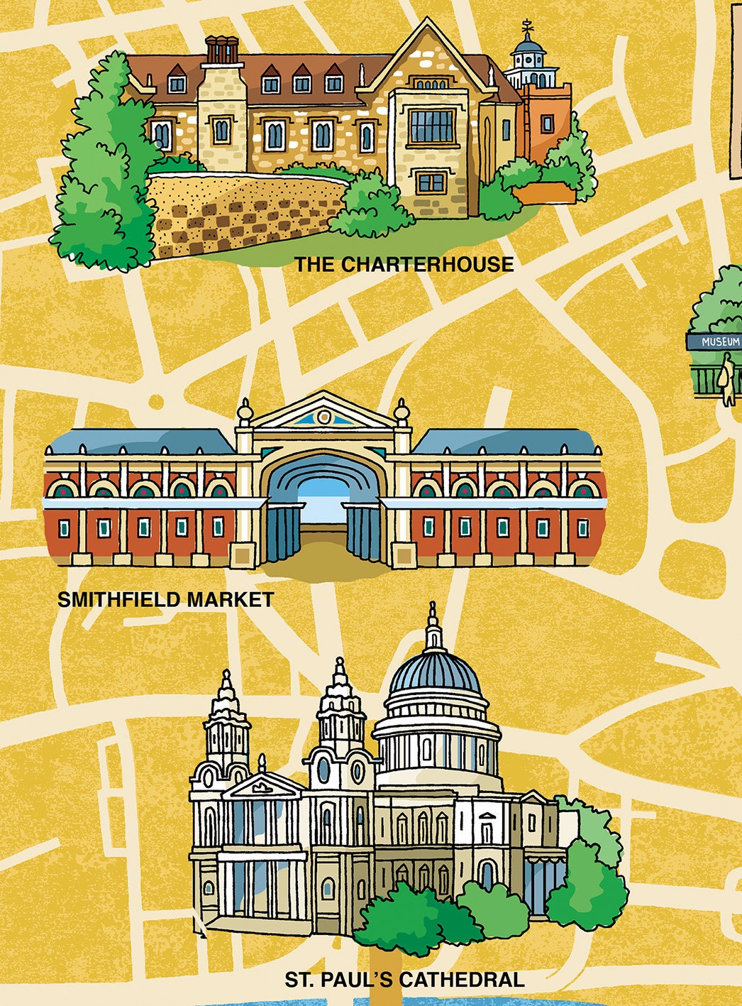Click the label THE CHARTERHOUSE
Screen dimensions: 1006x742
404,264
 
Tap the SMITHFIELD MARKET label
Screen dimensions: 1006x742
165,599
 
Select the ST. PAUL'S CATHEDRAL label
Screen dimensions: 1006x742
404,980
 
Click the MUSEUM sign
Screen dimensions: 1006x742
720,341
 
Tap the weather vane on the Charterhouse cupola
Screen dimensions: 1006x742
527,28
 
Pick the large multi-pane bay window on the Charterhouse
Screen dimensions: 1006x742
431,126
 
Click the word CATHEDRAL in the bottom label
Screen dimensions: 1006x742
462,980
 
